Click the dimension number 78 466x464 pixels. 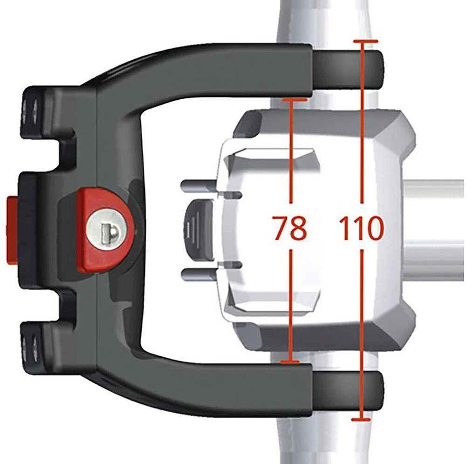(290, 227)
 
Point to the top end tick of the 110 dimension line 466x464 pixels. (366, 41)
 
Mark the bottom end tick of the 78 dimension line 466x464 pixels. (290, 362)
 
